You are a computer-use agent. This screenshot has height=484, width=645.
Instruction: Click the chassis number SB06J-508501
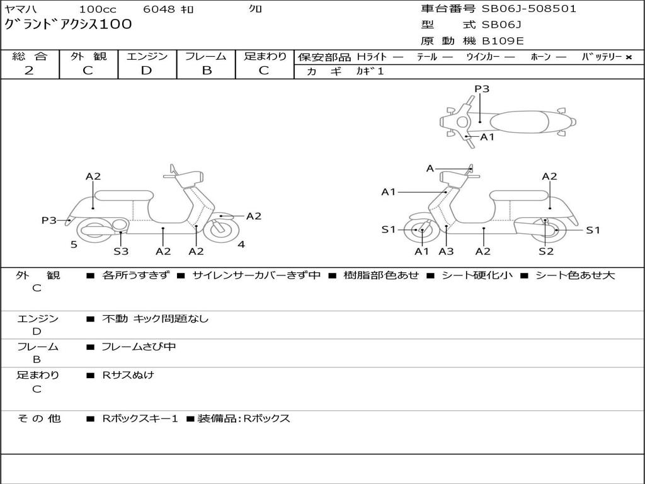tap(529, 9)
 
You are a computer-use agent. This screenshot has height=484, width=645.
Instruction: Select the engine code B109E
tap(503, 42)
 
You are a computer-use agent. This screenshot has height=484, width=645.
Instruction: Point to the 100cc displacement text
tap(98, 9)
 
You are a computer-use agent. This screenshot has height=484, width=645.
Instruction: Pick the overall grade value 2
tap(29, 71)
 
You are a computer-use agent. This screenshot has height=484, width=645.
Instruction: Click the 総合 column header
tap(30, 56)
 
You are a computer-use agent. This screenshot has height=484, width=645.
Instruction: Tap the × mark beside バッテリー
tap(628, 57)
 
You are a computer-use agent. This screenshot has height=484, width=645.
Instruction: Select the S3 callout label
tap(121, 251)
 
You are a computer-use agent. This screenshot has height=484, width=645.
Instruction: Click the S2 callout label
tap(545, 251)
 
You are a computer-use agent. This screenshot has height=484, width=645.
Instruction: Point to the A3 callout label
tap(446, 251)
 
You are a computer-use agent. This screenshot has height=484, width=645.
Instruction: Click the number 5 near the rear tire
tap(74, 245)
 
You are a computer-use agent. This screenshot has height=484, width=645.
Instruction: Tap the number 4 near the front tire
tap(241, 245)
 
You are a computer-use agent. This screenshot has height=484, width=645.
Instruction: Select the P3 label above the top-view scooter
tap(482, 89)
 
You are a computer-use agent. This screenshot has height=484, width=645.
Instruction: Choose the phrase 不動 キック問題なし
tap(155, 319)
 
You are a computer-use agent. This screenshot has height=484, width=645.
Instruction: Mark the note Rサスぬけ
tap(128, 375)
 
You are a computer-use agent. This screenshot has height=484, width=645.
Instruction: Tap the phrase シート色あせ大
tap(574, 275)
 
